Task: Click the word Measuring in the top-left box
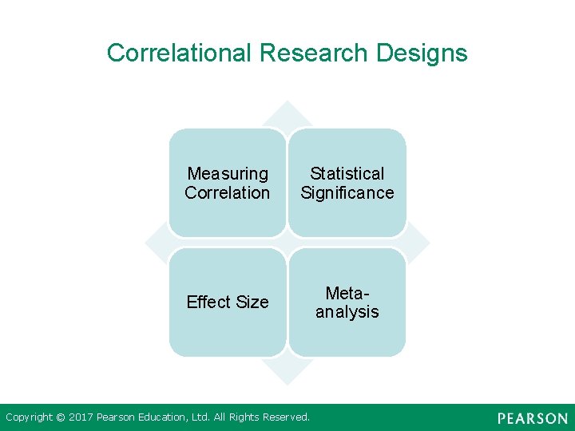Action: tap(228, 173)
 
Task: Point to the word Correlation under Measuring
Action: tap(228, 192)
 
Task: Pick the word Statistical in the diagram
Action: tap(347, 173)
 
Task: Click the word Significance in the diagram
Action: tap(347, 192)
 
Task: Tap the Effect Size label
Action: tap(228, 302)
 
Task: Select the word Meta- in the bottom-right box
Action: tap(347, 292)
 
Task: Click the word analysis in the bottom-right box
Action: tap(347, 311)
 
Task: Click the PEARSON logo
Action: tap(532, 418)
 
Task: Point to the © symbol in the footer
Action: tap(61, 417)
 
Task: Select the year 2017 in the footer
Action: tap(81, 417)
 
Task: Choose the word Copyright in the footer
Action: tap(30, 417)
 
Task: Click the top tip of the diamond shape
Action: tap(287, 101)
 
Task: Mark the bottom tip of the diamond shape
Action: tap(287, 382)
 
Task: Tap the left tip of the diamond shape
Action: tap(145, 243)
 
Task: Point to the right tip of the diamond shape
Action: tap(429, 243)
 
